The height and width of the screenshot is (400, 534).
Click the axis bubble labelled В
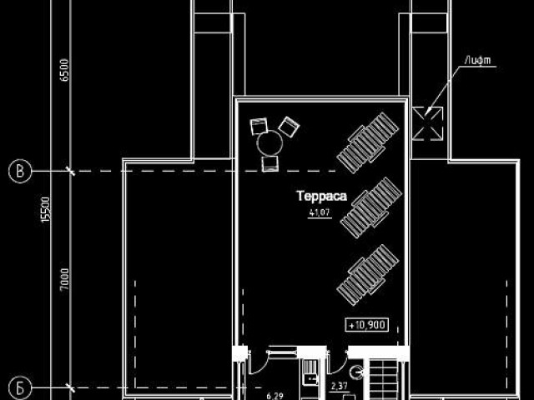19,172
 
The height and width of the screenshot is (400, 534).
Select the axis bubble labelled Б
19,387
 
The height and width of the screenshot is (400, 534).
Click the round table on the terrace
269,143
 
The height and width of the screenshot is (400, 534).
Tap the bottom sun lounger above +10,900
367,274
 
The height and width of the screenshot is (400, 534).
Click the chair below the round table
270,164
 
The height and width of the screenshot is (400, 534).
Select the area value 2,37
339,386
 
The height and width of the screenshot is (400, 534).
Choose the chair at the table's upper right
288,127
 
